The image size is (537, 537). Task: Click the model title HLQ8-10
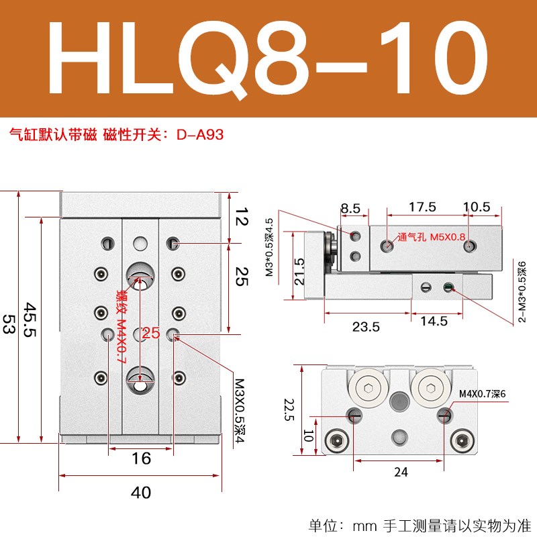[268, 59]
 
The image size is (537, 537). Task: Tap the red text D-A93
[200, 134]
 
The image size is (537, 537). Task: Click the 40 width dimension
[140, 493]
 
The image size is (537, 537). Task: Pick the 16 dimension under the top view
[141, 459]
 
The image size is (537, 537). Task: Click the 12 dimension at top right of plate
[242, 218]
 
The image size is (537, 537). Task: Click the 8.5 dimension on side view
[350, 208]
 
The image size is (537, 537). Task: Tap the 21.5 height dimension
[301, 271]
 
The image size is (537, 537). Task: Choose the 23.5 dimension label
[366, 327]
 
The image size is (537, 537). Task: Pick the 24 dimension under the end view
[400, 472]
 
